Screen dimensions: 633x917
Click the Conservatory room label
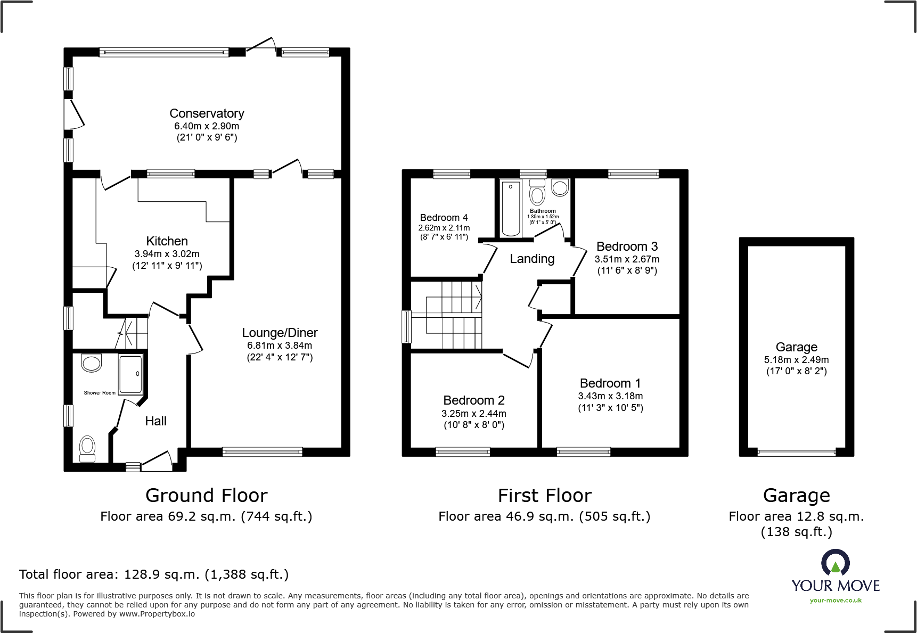pyautogui.click(x=207, y=113)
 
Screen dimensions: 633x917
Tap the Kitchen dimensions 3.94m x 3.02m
pyautogui.click(x=167, y=254)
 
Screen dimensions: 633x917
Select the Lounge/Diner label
pyautogui.click(x=280, y=333)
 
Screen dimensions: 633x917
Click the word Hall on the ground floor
pyautogui.click(x=155, y=421)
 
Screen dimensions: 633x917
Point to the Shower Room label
pyautogui.click(x=100, y=393)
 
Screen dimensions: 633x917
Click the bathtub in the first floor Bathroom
pyautogui.click(x=510, y=208)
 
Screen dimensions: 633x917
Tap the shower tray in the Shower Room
pyautogui.click(x=130, y=374)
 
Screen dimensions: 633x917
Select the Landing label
pyautogui.click(x=532, y=259)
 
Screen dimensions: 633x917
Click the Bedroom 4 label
pyautogui.click(x=444, y=217)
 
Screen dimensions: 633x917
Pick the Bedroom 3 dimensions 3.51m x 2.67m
pyautogui.click(x=627, y=259)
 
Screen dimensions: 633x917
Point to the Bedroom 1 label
pyautogui.click(x=610, y=383)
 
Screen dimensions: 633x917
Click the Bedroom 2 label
pyautogui.click(x=473, y=400)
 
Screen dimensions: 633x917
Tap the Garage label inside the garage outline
pyautogui.click(x=796, y=347)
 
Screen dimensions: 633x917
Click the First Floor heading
pyautogui.click(x=544, y=496)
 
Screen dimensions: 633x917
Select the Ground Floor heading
pyautogui.click(x=206, y=496)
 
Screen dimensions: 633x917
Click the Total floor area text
pyautogui.click(x=154, y=574)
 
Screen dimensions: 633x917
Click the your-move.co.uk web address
pyautogui.click(x=836, y=601)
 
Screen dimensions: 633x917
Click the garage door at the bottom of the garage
pyautogui.click(x=796, y=453)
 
